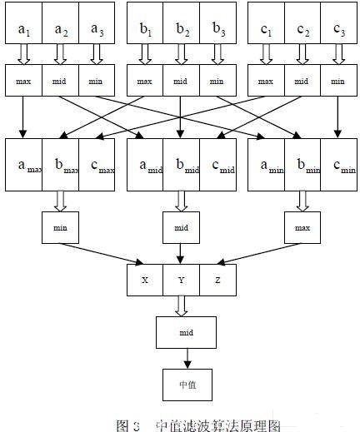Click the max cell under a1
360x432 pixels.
23,82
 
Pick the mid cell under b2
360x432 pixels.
182,82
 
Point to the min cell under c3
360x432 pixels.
337,82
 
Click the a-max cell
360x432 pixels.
23,163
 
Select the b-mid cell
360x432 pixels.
182,163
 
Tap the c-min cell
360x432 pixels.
337,163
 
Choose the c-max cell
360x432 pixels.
97,163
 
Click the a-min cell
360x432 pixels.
266,163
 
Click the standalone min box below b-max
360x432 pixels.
60,226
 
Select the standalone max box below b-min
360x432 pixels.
302,226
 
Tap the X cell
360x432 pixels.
145,280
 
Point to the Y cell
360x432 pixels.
182,280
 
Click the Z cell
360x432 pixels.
217,280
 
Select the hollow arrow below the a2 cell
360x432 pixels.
60,54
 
